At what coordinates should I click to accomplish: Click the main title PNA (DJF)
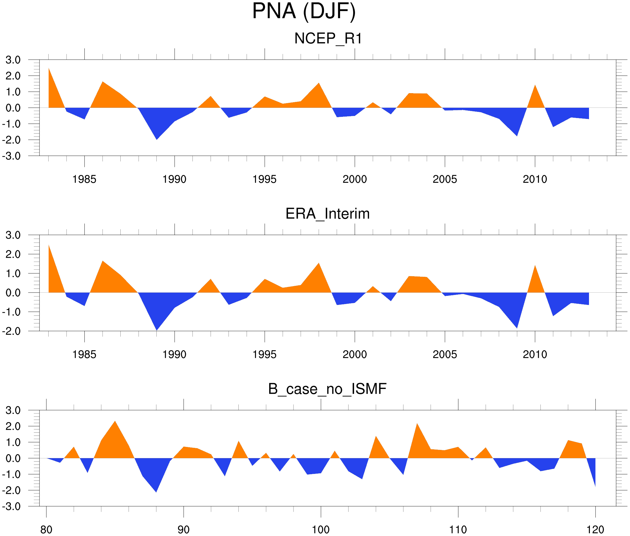click(304, 11)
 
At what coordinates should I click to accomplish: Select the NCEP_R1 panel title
click(328, 39)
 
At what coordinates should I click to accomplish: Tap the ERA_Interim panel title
click(327, 214)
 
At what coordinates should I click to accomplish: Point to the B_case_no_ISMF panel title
click(327, 389)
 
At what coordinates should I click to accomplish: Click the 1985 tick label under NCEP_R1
click(84, 179)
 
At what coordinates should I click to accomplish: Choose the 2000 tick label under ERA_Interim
click(354, 355)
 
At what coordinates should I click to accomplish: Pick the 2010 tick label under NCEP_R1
click(535, 179)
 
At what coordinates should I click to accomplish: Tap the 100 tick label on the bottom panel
click(321, 530)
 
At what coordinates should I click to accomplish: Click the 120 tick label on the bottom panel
click(595, 530)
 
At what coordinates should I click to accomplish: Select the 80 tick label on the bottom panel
click(46, 530)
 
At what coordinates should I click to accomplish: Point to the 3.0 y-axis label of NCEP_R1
click(13, 60)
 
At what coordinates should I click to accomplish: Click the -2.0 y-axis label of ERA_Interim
click(11, 331)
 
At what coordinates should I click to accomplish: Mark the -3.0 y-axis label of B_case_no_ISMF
click(11, 506)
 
